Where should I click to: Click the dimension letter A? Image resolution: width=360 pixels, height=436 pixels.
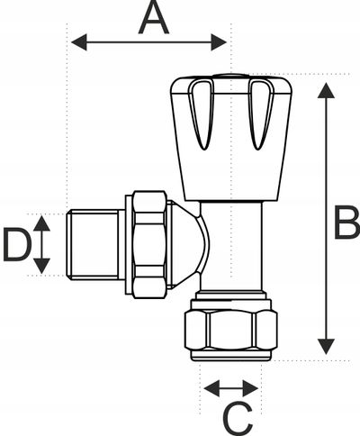pyautogui.click(x=154, y=17)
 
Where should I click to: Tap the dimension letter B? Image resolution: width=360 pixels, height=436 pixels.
pyautogui.click(x=346, y=223)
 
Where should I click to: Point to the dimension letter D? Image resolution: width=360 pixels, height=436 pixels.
pyautogui.click(x=17, y=245)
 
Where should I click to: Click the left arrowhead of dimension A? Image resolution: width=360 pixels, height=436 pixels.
pyautogui.click(x=79, y=42)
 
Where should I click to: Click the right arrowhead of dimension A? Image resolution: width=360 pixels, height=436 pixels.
pyautogui.click(x=219, y=42)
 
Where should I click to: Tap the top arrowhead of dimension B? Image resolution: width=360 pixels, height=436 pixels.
pyautogui.click(x=326, y=91)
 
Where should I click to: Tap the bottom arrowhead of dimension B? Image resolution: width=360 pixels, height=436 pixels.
pyautogui.click(x=326, y=346)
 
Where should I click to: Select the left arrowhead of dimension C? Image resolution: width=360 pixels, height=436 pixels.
pyautogui.click(x=211, y=388)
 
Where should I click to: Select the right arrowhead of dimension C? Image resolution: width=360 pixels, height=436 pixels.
pyautogui.click(x=251, y=388)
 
